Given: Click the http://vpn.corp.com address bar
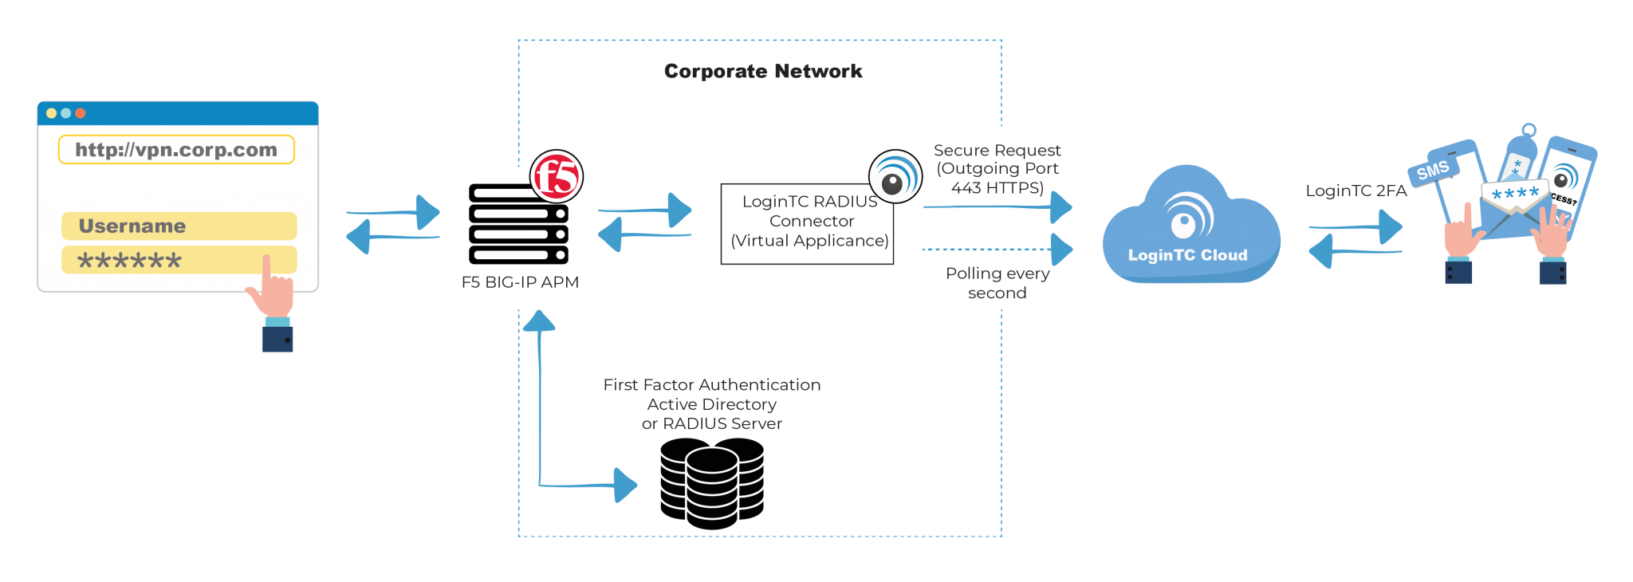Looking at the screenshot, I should [176, 150].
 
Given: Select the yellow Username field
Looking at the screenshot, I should [179, 226].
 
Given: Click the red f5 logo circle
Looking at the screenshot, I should [557, 176].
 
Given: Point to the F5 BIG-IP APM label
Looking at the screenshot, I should [520, 282].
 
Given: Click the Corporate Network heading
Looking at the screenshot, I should [763, 72].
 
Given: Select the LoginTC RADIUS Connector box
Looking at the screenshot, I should [807, 224].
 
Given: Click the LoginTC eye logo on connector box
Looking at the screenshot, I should [895, 177].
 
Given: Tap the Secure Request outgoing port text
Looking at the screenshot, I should [997, 169].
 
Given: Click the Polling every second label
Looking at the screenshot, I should [997, 283].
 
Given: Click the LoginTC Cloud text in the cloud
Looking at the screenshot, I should [1187, 255].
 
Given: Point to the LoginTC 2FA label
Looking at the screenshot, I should [1356, 191].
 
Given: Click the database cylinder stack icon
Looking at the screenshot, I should [711, 483].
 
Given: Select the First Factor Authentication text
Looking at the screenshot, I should [711, 385].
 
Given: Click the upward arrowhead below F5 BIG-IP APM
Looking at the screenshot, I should [539, 320].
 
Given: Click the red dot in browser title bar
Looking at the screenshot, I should [80, 113].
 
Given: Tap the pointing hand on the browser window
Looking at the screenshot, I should [271, 295].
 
